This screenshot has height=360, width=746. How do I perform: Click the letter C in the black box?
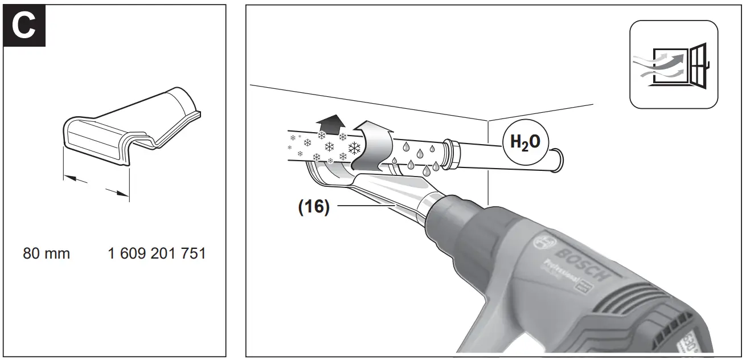(x=24, y=26)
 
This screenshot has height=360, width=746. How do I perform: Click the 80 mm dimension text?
(x=46, y=253)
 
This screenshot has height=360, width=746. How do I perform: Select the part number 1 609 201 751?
(x=157, y=253)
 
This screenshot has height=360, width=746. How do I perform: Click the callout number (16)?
(x=314, y=207)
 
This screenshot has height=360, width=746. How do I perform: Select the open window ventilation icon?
(x=673, y=64)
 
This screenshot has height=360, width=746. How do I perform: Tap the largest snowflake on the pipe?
(x=354, y=149)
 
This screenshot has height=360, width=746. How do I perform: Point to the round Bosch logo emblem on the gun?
(x=542, y=243)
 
